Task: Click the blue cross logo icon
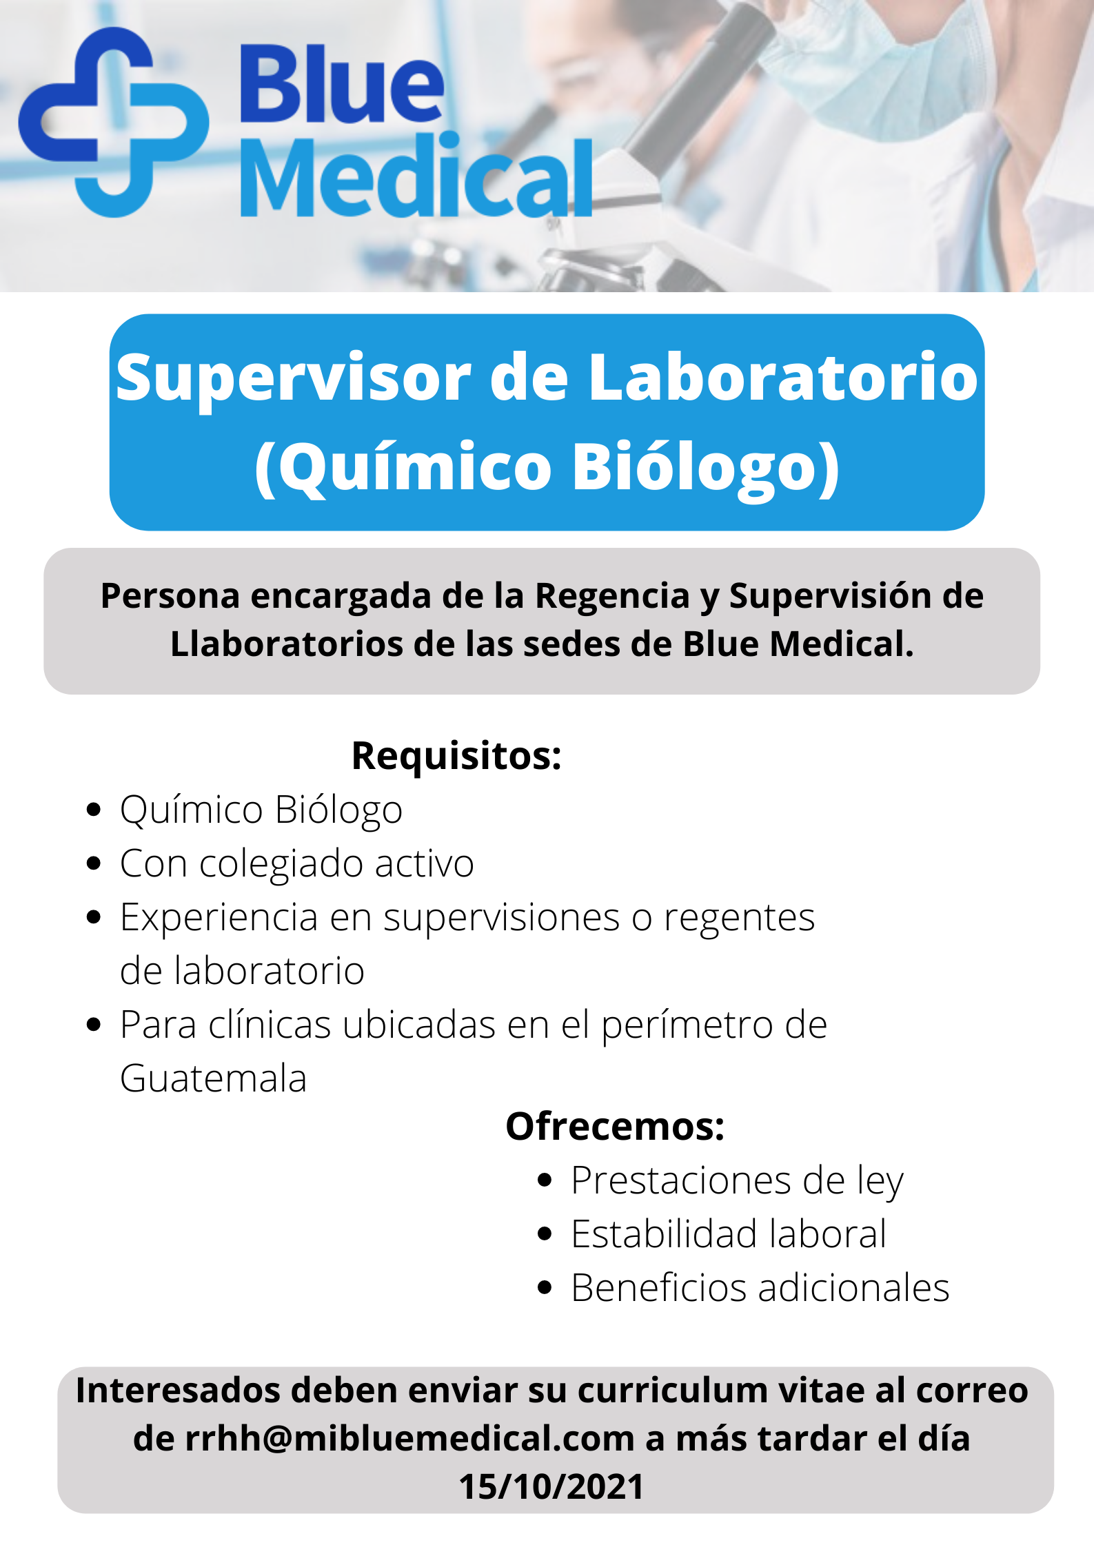114,123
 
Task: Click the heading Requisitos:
456,756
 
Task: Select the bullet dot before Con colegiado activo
94,863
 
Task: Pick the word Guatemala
214,1078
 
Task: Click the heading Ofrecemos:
615,1127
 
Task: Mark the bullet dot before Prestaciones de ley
545,1180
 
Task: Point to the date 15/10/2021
551,1486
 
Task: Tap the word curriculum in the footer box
672,1390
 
